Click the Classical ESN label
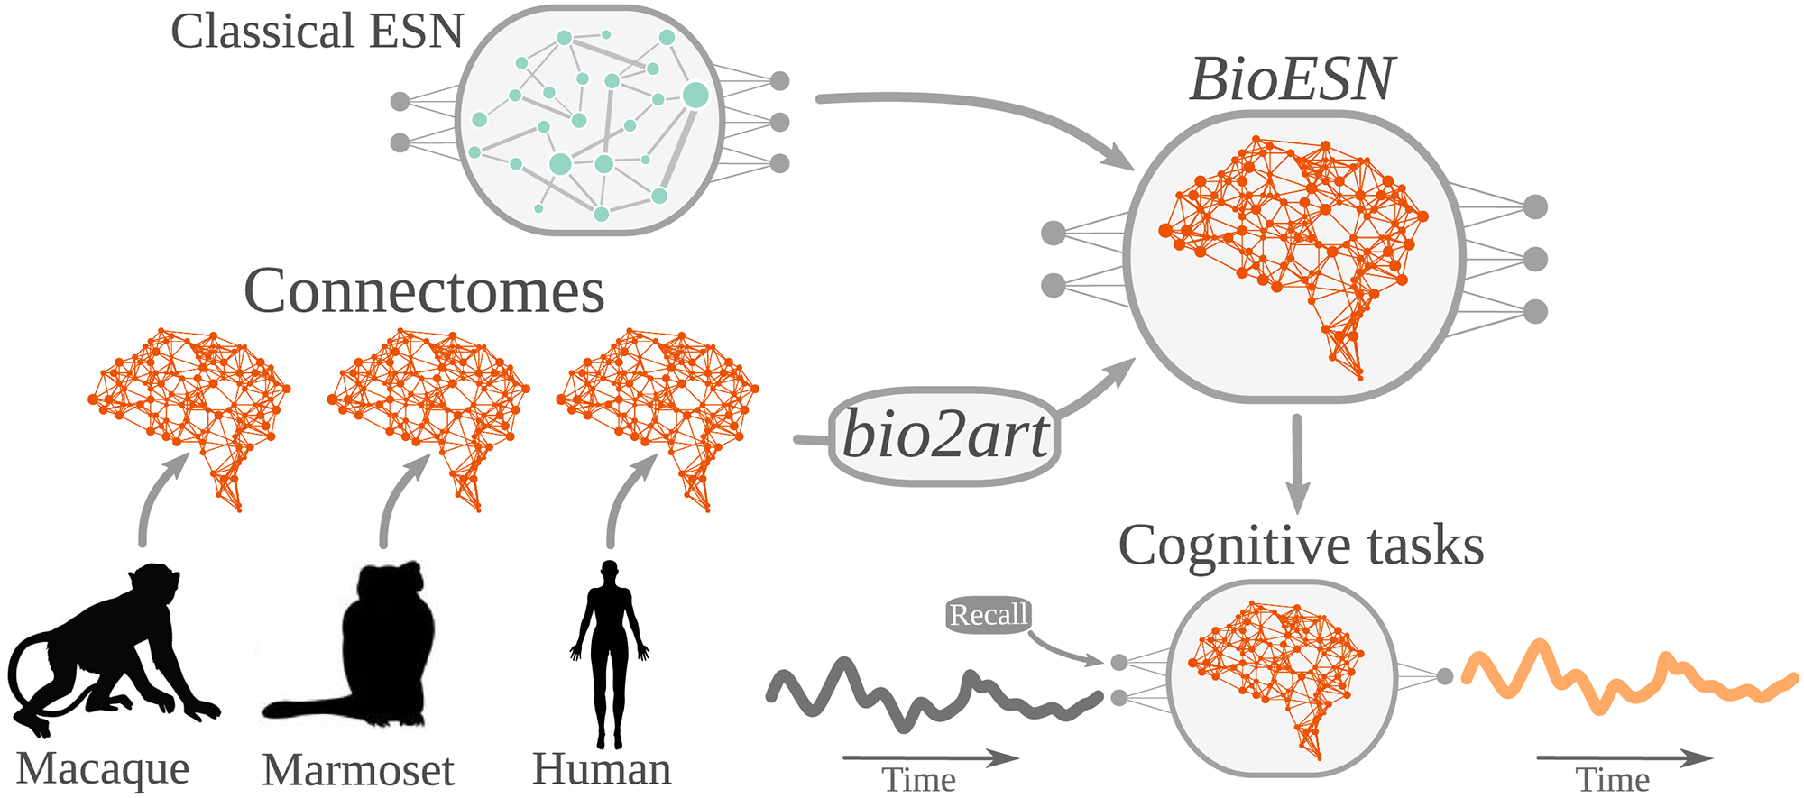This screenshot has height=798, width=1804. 317,32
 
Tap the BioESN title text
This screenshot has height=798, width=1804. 1292,79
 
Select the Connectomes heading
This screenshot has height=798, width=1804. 424,291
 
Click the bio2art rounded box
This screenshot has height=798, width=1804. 944,436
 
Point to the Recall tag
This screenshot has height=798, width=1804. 989,615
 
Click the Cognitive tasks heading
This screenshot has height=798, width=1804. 1301,546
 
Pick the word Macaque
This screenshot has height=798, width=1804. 103,769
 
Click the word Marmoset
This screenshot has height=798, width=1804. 358,770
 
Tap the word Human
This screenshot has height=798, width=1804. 602,769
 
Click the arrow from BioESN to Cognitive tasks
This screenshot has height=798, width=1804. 1297,464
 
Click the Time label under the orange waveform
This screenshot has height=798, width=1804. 1613,780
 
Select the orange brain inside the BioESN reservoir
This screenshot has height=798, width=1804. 1290,243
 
